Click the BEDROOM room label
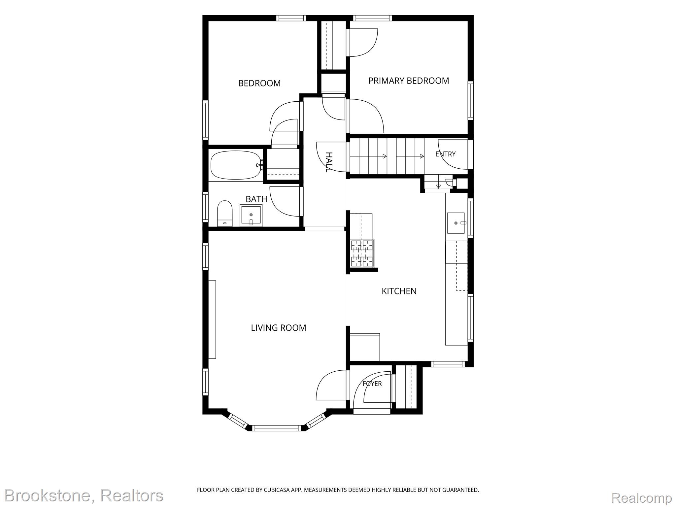259,83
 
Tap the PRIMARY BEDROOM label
409,81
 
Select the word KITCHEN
399,291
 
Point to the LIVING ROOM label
279,328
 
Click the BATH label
256,199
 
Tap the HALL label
328,162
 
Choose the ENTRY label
445,154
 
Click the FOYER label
372,384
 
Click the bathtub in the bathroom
236,165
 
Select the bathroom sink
251,215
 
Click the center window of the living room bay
277,428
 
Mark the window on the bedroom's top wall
291,18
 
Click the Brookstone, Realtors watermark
84,496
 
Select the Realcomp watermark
641,497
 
